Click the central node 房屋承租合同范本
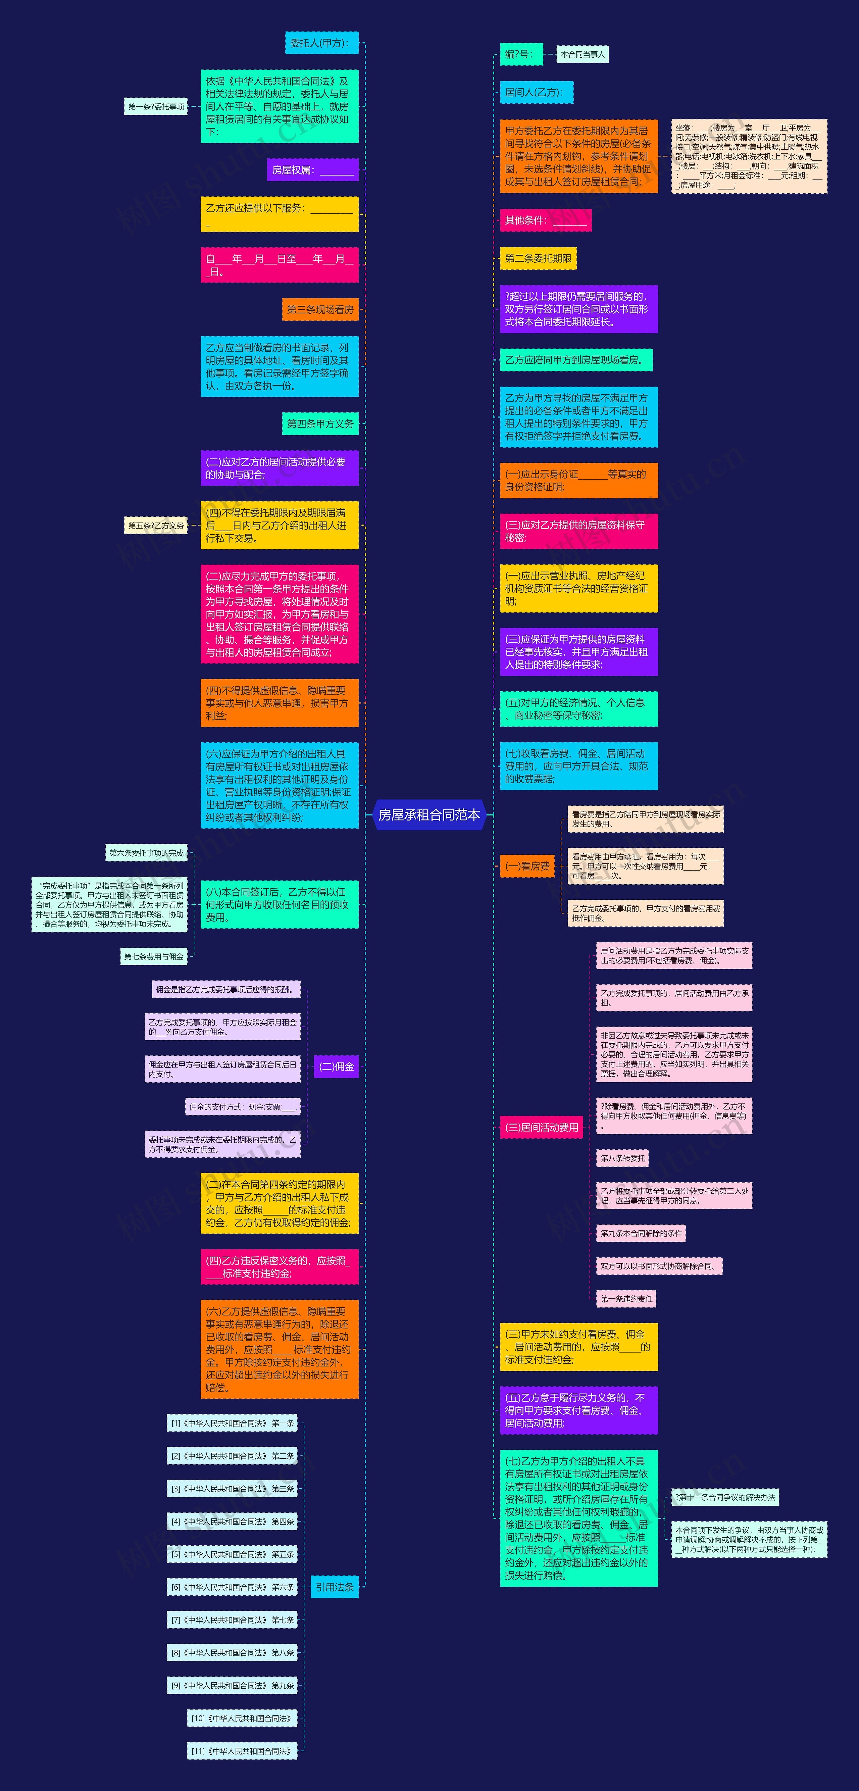point(429,815)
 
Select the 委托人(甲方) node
point(321,43)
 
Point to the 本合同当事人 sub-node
point(583,54)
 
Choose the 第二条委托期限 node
point(538,259)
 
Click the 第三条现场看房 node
point(320,309)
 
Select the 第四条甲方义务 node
point(320,424)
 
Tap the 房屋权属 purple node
point(313,170)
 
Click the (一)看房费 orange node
point(527,866)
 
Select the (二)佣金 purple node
point(336,1066)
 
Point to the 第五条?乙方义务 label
point(156,526)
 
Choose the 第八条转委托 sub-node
point(623,1158)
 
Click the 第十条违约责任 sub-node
point(626,1299)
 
